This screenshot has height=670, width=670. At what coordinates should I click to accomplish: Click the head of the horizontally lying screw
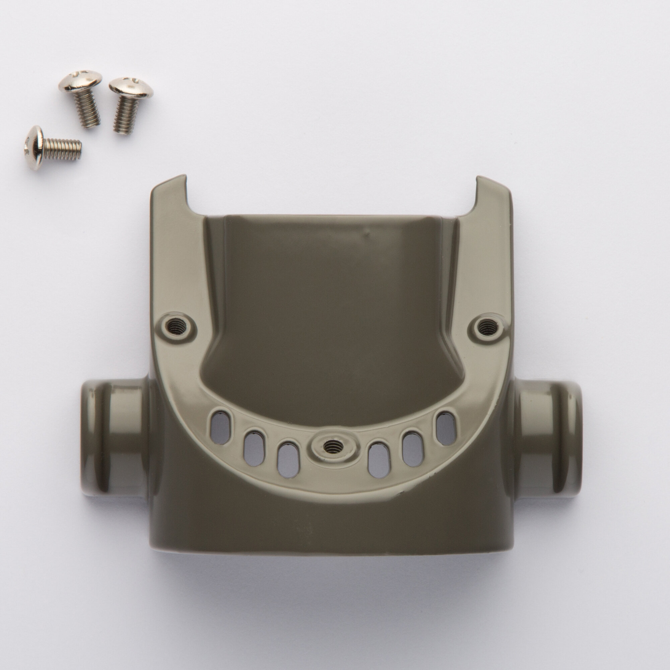click(34, 147)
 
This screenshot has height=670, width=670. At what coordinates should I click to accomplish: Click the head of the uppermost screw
click(80, 80)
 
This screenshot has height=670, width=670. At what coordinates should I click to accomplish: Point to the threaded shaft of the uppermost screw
click(88, 109)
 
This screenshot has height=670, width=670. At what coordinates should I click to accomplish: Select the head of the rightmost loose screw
click(131, 87)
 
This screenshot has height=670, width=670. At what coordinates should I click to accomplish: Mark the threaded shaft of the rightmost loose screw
click(126, 114)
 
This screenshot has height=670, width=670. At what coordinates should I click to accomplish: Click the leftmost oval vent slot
click(220, 427)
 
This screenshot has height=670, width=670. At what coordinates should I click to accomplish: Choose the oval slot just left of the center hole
click(288, 460)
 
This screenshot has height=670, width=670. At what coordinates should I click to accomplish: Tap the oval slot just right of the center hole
click(380, 460)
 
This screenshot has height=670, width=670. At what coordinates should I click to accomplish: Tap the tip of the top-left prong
click(170, 183)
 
